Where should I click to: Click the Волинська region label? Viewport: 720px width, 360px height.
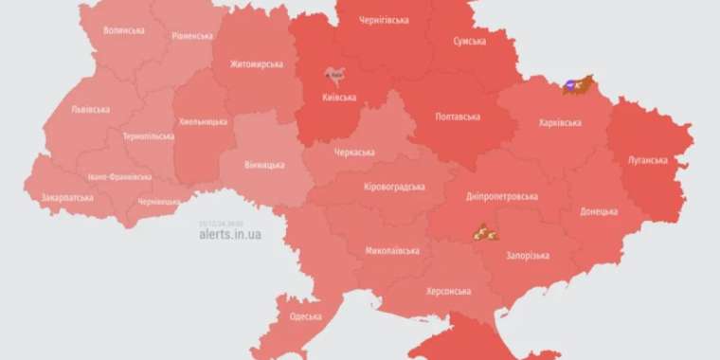124,30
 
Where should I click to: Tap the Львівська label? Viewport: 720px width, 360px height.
90,109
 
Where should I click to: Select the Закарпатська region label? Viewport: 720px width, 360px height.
67,199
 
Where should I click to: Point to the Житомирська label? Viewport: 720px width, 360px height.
257,64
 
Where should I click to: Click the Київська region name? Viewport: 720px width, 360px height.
338,97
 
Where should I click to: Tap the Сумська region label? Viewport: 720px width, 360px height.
470,43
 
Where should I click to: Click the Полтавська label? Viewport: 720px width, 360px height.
457,117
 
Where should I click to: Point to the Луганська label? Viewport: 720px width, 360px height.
648,160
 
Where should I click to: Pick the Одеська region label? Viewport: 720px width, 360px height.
306,316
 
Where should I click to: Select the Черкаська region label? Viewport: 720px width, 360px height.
354,152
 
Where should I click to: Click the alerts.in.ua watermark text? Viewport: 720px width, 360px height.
230,234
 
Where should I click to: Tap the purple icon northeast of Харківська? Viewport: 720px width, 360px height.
570,85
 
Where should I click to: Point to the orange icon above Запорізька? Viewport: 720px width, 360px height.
485,232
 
